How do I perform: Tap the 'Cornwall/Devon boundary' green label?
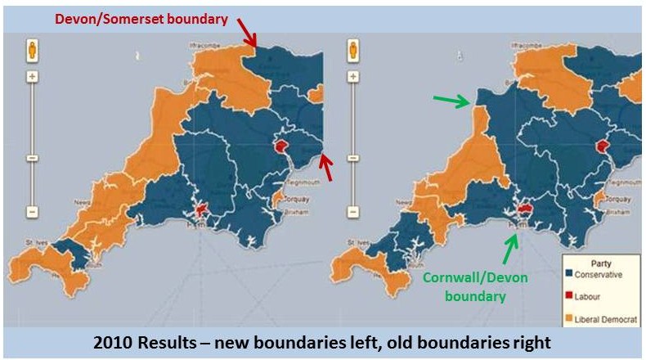(x=475, y=286)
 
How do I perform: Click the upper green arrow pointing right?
(x=451, y=101)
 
